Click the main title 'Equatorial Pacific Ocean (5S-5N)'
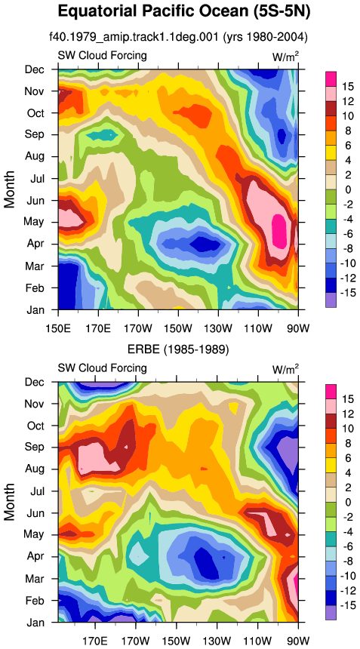pos(183,11)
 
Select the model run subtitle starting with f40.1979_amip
pos(178,37)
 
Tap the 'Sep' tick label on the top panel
pos(35,134)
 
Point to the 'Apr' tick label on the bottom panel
pos(35,557)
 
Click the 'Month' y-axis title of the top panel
pos(9,189)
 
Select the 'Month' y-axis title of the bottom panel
pos(9,502)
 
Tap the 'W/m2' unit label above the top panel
pos(285,57)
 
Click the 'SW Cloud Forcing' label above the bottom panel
pos(102,368)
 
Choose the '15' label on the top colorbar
pos(348,87)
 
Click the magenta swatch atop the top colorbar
pos(331,79)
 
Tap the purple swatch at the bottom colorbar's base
pos(331,612)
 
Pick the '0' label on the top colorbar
pos(348,190)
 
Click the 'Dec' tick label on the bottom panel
pos(35,382)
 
